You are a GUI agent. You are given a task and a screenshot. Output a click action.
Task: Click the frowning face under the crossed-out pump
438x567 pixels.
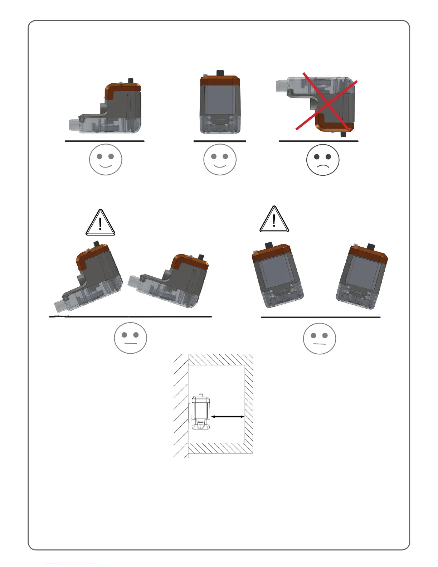(323, 160)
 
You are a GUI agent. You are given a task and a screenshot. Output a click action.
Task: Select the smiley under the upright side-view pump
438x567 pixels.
(106, 159)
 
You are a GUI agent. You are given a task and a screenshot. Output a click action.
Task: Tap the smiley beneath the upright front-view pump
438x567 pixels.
(220, 159)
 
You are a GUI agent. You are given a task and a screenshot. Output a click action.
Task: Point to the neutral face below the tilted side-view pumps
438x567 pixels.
(130, 338)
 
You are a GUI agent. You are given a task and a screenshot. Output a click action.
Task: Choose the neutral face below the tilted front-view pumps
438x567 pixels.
(319, 338)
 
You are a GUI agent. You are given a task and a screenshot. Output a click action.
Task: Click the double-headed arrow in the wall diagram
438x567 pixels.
(228, 416)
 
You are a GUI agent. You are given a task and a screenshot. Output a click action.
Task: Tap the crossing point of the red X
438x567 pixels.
(326, 101)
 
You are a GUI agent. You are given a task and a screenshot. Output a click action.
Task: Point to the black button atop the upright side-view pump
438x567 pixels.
(131, 80)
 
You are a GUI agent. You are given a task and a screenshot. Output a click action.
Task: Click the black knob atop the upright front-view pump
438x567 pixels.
(220, 73)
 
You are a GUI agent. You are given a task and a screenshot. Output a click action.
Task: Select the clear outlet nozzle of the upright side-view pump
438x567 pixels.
(73, 125)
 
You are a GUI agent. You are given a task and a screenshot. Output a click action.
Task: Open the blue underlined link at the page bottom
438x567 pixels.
(71, 564)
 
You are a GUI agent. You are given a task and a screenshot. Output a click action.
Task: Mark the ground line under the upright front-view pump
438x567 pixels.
(220, 141)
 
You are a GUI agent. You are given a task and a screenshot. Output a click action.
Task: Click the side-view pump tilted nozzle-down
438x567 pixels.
(89, 277)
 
